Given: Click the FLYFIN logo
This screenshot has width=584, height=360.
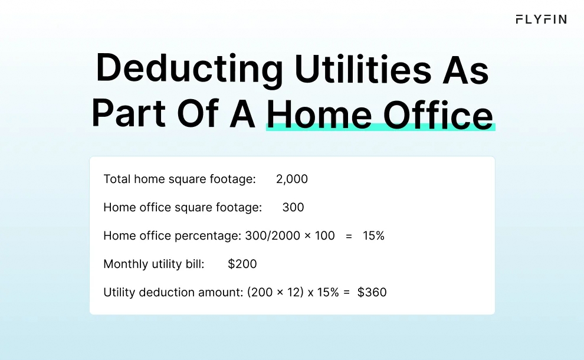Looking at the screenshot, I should (x=541, y=19).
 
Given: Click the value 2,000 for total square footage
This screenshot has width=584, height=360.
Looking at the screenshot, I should (x=292, y=179).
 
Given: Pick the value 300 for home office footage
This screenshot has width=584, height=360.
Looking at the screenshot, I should (x=293, y=207).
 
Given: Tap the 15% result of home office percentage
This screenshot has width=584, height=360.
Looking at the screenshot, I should (x=373, y=235).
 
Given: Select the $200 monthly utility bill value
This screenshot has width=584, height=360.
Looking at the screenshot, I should (x=242, y=264).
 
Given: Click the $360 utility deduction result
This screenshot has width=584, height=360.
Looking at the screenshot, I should (x=372, y=292).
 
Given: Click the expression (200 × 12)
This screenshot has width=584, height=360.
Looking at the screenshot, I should (x=276, y=292).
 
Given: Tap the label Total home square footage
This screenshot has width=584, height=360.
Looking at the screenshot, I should (x=179, y=179).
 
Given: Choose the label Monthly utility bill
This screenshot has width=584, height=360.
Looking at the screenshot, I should (x=153, y=264).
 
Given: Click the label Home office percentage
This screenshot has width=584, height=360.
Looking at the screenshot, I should (x=172, y=235).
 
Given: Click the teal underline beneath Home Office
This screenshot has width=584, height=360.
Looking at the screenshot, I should (x=380, y=127).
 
